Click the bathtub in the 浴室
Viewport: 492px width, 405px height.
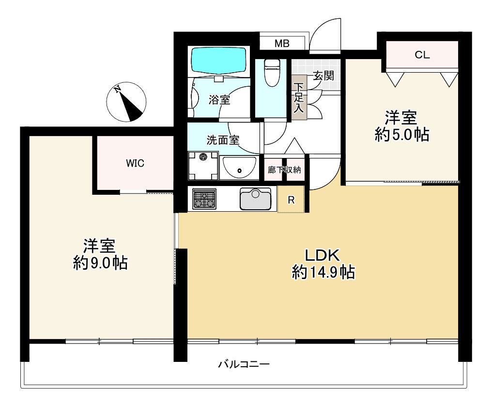point(218,61)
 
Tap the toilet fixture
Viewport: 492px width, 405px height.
point(272,72)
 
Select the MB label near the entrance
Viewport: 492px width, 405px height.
point(282,43)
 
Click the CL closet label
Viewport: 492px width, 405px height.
point(422,55)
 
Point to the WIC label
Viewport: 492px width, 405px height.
point(135,163)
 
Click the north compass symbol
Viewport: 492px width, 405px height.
point(126,102)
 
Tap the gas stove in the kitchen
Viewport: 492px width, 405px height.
point(204,199)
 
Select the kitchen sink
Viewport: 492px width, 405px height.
point(255,199)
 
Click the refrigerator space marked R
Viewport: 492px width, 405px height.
point(291,199)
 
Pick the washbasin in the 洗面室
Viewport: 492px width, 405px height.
point(239,168)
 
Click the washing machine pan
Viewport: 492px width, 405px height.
point(203,166)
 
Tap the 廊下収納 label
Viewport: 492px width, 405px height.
point(284,170)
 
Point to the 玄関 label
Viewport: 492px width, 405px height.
point(323,76)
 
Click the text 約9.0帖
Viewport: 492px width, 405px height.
point(100,263)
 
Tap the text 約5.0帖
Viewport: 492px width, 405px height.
point(402,135)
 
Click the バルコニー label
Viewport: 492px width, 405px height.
point(244,364)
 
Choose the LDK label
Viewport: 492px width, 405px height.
point(323,255)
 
